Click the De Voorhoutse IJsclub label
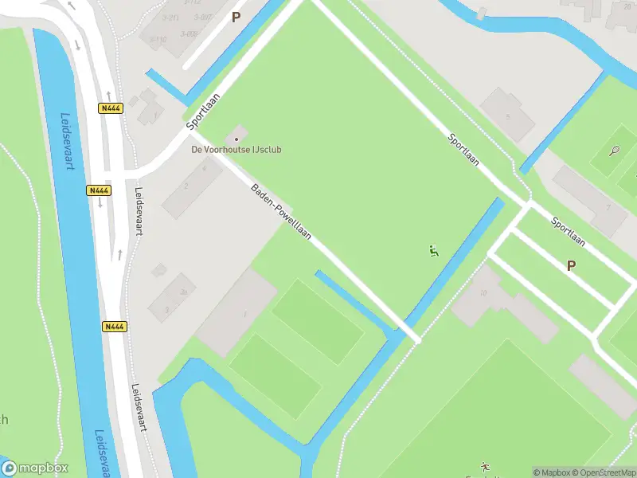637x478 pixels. click(x=236, y=149)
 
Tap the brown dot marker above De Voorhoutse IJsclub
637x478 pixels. click(x=236, y=139)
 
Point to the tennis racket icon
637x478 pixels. click(x=614, y=150)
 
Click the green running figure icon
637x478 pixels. click(x=433, y=252)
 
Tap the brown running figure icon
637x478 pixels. click(x=485, y=466)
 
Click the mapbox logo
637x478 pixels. click(x=35, y=468)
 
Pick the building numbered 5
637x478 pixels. click(x=507, y=116)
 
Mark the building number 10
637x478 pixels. click(x=483, y=292)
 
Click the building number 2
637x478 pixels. click(x=186, y=186)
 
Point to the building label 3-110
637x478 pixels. click(x=158, y=39)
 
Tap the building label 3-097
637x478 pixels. click(x=203, y=17)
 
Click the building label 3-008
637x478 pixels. click(x=189, y=33)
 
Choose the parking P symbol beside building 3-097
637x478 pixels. click(x=236, y=16)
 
